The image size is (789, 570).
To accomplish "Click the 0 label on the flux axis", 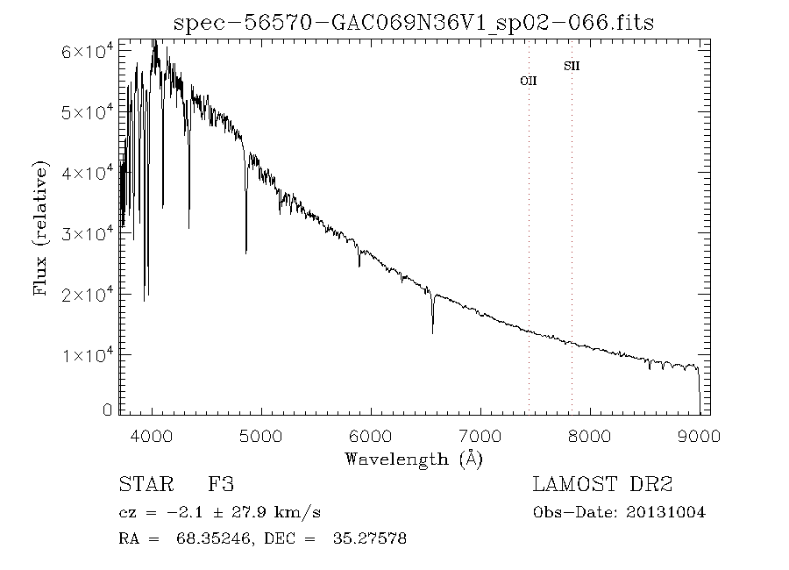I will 108,410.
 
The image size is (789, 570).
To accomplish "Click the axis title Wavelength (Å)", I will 414,459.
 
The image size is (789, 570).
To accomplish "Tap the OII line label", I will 529,81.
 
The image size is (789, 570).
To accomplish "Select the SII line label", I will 572,66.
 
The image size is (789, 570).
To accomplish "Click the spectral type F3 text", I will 220,484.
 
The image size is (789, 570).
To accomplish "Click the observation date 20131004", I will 666,513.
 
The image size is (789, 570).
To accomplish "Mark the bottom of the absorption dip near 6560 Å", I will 432,333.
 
